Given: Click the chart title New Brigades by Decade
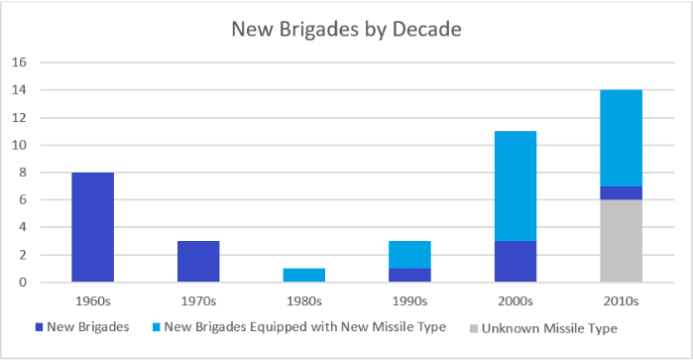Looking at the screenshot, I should click(346, 29).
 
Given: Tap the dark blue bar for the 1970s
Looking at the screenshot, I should click(198, 261).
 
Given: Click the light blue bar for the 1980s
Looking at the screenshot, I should click(304, 275).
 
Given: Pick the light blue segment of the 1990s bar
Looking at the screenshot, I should click(410, 254).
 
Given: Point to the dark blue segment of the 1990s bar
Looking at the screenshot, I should click(410, 275).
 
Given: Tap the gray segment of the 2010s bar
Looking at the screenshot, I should click(622, 240).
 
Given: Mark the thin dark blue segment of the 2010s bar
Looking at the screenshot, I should click(622, 192).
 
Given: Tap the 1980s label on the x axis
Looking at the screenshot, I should click(304, 299).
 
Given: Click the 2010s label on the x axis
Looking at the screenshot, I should click(622, 299).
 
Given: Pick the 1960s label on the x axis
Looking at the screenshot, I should click(92, 299).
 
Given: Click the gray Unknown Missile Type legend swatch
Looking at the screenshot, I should click(472, 328).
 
